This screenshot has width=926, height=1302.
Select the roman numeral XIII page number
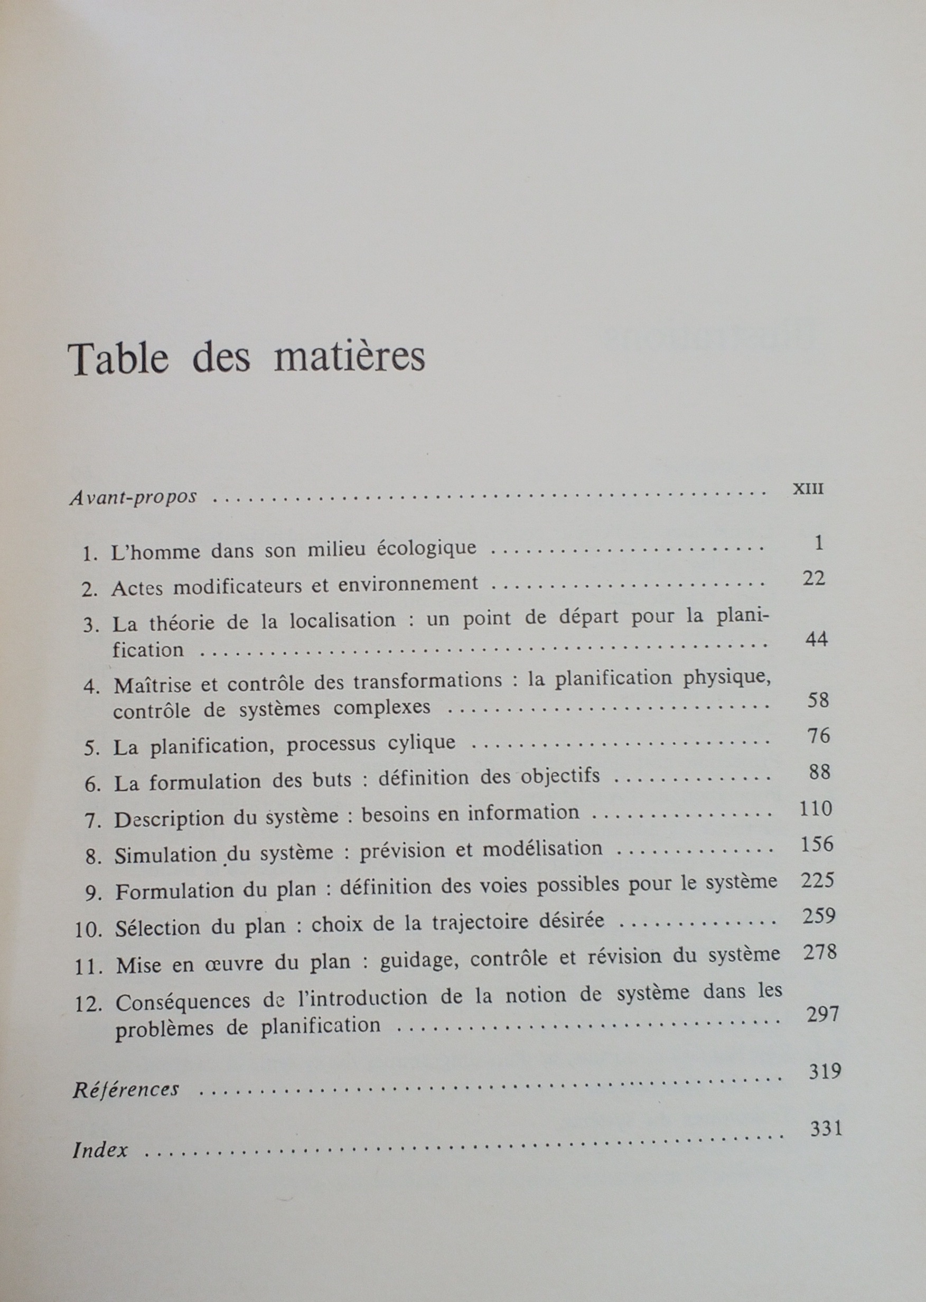point(808,489)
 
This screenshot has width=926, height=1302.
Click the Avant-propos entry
point(134,497)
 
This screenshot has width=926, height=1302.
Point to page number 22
point(813,578)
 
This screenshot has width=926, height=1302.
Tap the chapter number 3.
point(90,625)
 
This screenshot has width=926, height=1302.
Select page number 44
point(816,639)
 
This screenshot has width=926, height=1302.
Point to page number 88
point(819,772)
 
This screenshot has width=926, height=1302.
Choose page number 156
point(817,844)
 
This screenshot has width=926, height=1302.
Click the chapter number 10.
point(88,930)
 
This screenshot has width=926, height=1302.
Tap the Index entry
point(100,1150)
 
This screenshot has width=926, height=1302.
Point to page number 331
point(826,1128)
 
